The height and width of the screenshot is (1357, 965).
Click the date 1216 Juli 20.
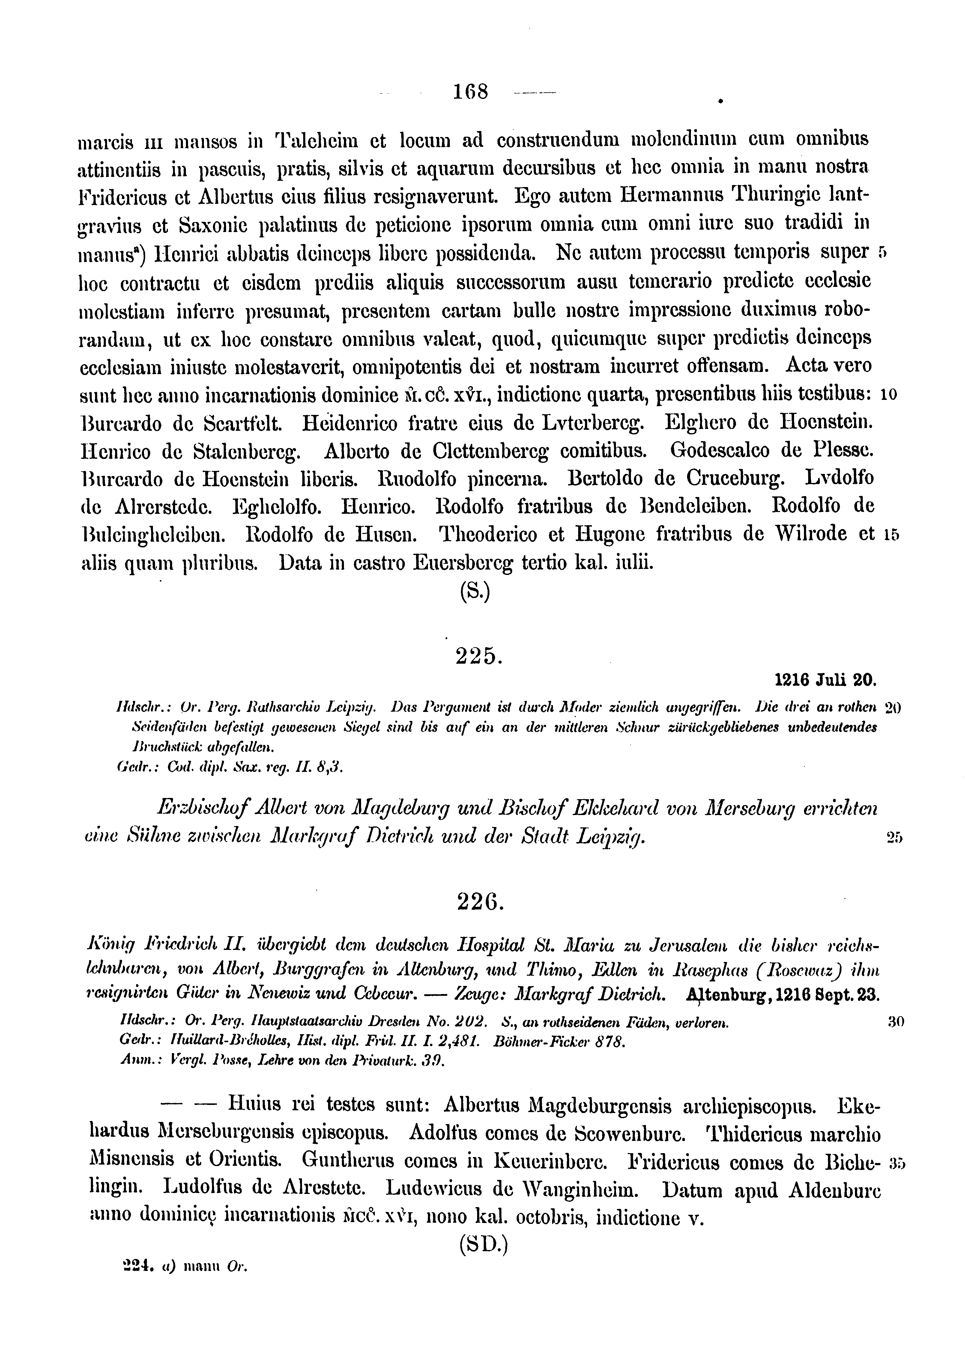826,679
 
